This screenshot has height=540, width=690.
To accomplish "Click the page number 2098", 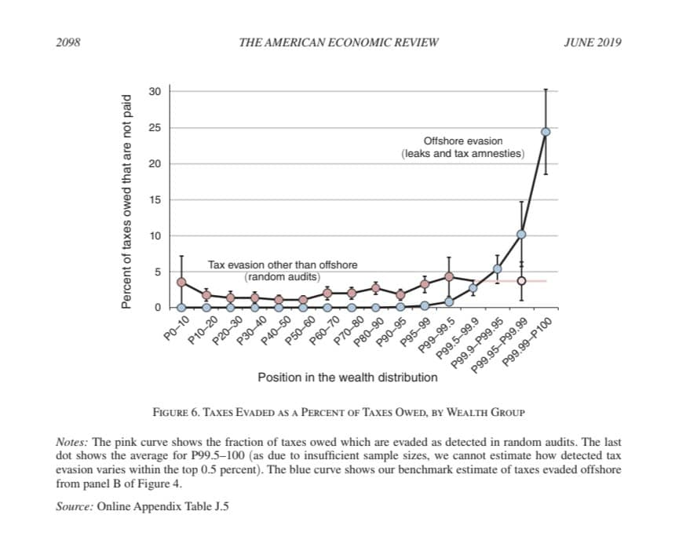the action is tap(68, 42).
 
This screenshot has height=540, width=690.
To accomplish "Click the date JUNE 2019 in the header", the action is tap(593, 42).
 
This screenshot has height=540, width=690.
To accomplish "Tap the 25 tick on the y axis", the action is tap(155, 128).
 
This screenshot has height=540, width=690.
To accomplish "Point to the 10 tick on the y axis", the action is tap(155, 236).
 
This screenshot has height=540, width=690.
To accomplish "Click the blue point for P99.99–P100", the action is tap(546, 132).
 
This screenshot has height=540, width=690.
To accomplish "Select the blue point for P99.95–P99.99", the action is tap(521, 234).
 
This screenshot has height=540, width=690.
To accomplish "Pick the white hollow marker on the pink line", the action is tap(521, 281).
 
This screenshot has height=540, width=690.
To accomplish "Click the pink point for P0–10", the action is tap(181, 282).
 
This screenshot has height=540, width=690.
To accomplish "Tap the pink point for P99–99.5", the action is tap(449, 277).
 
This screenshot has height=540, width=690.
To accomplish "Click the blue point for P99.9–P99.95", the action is tap(497, 269).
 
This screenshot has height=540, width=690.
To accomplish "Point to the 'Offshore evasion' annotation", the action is tap(463, 140).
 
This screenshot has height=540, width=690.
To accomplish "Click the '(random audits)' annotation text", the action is tap(282, 277).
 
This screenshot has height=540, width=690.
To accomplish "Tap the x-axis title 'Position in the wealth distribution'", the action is tap(348, 378).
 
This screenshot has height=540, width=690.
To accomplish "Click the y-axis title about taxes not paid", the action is tap(126, 202).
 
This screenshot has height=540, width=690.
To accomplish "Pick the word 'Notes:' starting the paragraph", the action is tap(71, 442).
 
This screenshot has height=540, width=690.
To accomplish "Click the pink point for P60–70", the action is tap(327, 293).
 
